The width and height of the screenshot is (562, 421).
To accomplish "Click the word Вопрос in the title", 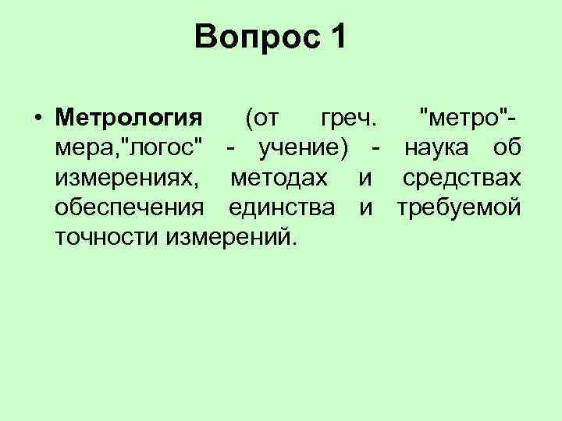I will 254,37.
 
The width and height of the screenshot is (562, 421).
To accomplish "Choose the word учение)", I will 303,149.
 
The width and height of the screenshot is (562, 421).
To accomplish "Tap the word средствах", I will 461,179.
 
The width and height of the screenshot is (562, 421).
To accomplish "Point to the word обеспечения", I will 130,208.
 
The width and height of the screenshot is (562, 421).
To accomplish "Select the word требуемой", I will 458,208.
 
